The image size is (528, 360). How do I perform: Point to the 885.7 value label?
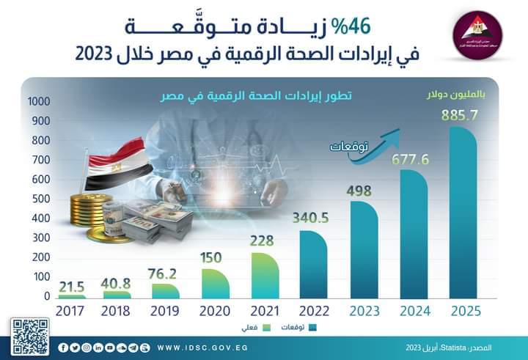click(461, 115)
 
